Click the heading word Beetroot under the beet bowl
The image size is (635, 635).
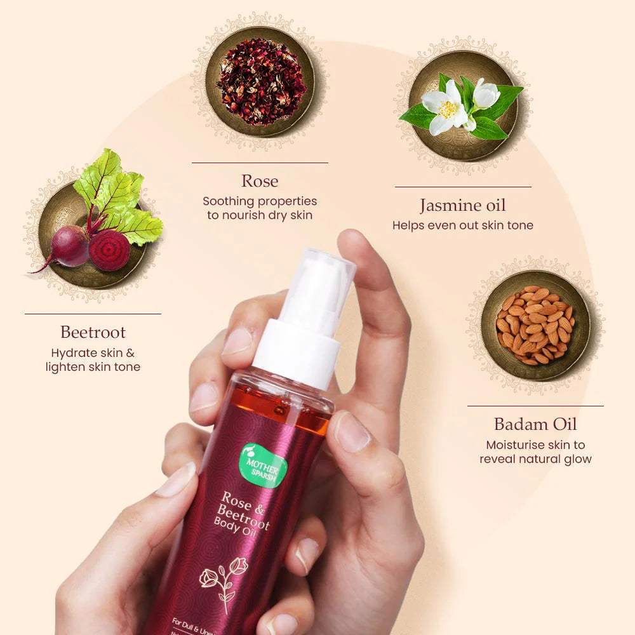coord(93,332)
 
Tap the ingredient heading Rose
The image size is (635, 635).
coord(260,181)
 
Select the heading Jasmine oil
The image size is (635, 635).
coord(463,206)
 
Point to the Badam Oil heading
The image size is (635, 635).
coord(535,424)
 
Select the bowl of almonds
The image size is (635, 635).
coord(535,325)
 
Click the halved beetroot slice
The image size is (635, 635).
coord(109,250)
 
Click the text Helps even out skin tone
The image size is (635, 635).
coord(463,225)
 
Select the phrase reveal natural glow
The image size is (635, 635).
coord(535,459)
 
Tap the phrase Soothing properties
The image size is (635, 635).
coord(260,201)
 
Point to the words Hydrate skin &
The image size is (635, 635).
coord(93,352)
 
